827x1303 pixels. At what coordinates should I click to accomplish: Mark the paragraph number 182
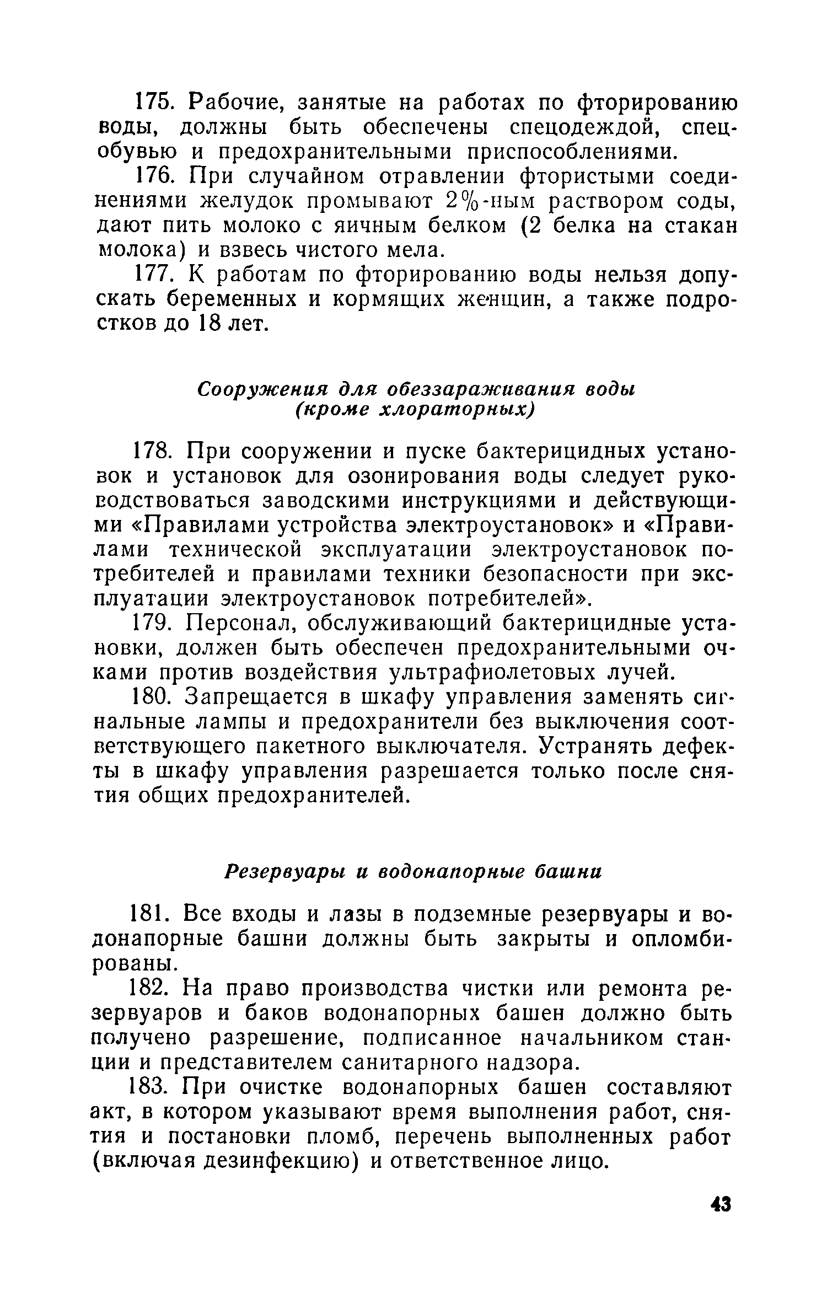coord(152,989)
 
